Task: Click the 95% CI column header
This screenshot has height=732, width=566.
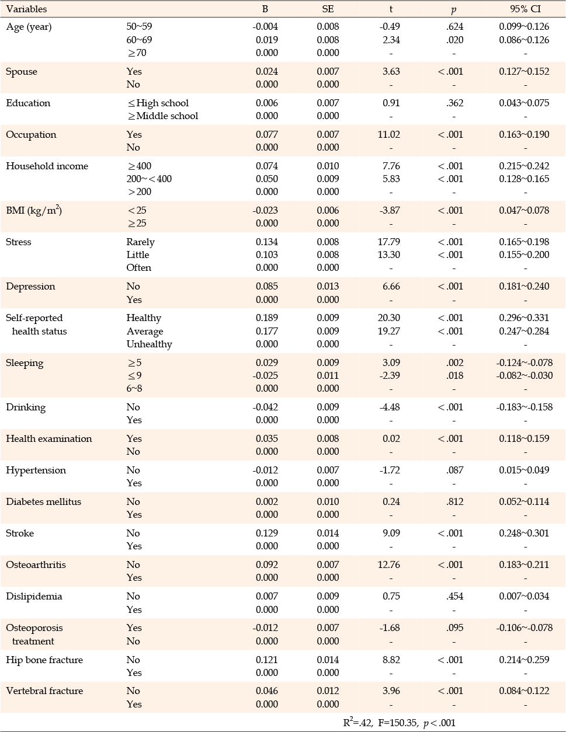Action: point(525,9)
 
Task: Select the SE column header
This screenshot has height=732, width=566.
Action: point(328,9)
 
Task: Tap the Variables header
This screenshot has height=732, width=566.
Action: point(26,9)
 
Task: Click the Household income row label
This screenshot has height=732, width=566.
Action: point(47,166)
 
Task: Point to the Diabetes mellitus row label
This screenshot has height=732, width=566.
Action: point(43,501)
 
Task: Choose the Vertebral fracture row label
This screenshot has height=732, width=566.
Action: point(44,691)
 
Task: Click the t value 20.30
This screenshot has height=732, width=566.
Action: point(388,318)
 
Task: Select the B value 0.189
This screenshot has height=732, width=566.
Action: point(267,318)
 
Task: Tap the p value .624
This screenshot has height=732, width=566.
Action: point(455,26)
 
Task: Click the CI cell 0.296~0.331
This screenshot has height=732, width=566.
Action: point(524,318)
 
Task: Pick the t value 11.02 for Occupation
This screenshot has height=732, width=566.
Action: point(388,134)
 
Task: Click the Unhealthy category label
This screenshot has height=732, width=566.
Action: point(150,344)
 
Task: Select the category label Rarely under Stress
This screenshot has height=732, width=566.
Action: point(141,242)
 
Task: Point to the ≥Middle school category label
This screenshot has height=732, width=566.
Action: point(162,116)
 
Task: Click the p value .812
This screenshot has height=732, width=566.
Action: point(455,501)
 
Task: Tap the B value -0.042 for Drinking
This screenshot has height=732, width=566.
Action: point(265,407)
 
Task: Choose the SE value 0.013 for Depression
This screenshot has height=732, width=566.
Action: point(328,287)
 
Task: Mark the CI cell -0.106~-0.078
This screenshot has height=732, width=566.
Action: point(524,628)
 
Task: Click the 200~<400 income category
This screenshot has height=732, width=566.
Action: point(149,179)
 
